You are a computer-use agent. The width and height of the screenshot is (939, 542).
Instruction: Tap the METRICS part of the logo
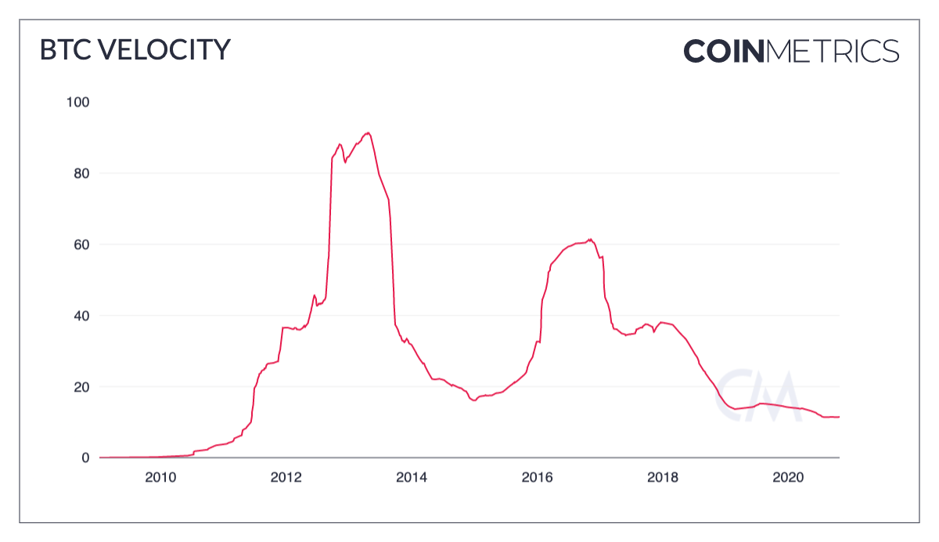click(x=833, y=51)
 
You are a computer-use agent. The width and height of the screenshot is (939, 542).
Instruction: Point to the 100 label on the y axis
click(x=79, y=102)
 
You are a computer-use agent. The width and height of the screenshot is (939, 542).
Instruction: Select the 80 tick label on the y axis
click(x=81, y=173)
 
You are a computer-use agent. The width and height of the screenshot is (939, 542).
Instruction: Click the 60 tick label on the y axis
click(x=81, y=244)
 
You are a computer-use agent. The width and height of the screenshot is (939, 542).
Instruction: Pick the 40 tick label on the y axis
click(x=81, y=316)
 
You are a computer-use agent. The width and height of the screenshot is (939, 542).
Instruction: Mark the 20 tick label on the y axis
click(x=81, y=387)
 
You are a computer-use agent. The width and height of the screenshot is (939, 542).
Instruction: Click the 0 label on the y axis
click(x=85, y=457)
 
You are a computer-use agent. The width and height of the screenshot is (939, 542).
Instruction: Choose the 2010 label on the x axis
click(x=160, y=477)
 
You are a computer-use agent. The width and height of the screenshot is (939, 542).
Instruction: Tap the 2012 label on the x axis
click(x=286, y=477)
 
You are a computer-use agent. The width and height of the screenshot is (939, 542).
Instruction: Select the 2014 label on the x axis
click(x=412, y=477)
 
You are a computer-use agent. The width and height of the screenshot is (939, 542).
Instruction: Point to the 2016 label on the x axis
click(x=538, y=477)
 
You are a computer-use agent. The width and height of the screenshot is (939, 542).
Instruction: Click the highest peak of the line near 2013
click(x=369, y=133)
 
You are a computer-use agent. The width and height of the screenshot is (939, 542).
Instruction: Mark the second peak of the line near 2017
click(x=590, y=240)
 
